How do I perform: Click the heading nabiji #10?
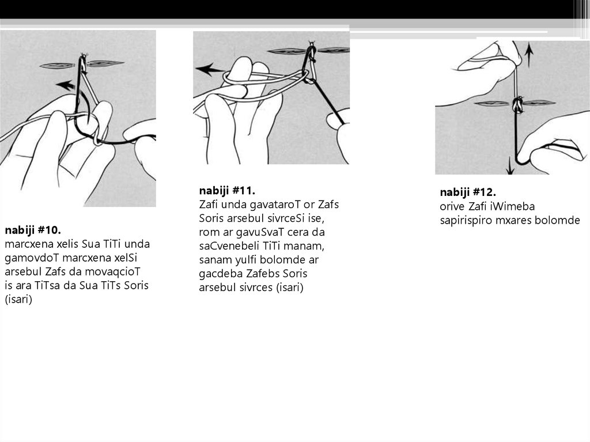pyautogui.click(x=33, y=230)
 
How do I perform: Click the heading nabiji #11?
pyautogui.click(x=227, y=191)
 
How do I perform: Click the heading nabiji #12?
pyautogui.click(x=468, y=192)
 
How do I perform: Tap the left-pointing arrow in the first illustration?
pyautogui.click(x=65, y=85)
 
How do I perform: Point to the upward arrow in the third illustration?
pyautogui.click(x=529, y=55)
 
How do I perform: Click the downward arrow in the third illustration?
pyautogui.click(x=510, y=165)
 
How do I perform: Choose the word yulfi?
pyautogui.click(x=246, y=260)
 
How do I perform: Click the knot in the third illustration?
pyautogui.click(x=518, y=104)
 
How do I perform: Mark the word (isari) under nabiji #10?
pyautogui.click(x=18, y=300)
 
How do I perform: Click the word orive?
pyautogui.click(x=452, y=207)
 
